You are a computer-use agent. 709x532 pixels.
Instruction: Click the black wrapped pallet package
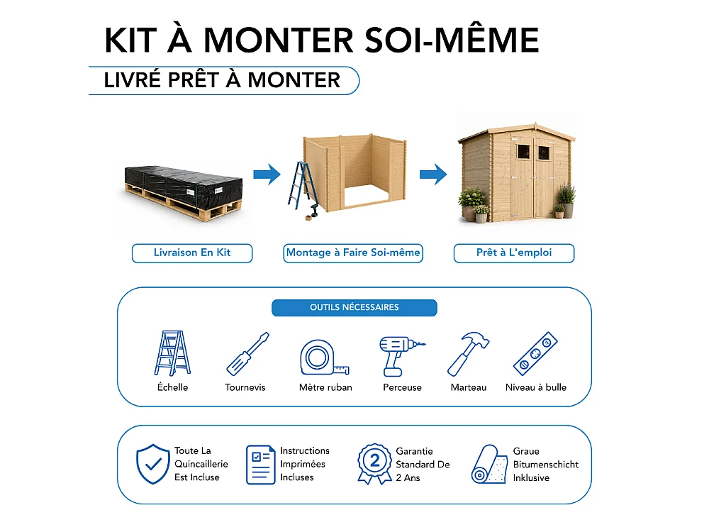tap(183, 193)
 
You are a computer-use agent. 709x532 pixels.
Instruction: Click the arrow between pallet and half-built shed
tap(267, 174)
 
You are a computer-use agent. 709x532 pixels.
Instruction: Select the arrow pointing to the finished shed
tap(433, 174)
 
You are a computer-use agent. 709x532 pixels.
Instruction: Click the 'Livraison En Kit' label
tap(192, 253)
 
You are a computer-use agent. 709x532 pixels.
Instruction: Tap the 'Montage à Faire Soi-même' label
tap(353, 253)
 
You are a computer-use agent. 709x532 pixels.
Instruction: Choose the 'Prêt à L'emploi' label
tap(514, 253)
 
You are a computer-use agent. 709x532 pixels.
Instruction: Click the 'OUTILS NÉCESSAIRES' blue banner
tap(354, 308)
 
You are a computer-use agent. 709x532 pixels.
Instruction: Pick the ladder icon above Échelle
tap(172, 353)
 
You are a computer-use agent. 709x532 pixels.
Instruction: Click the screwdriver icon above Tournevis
tap(247, 354)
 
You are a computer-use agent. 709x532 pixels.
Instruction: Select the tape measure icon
tap(324, 358)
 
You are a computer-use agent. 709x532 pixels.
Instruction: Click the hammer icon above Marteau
tap(468, 354)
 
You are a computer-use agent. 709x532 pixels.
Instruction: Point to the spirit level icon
tap(535, 354)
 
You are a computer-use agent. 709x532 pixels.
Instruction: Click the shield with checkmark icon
tap(153, 464)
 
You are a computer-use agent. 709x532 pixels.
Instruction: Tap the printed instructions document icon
tap(261, 465)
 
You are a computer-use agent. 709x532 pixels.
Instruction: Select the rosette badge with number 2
tap(374, 464)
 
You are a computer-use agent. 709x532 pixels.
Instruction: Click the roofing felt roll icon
tap(489, 465)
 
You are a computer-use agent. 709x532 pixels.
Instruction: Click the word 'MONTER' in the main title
tap(279, 40)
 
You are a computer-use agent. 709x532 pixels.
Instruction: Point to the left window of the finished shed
tap(523, 152)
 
